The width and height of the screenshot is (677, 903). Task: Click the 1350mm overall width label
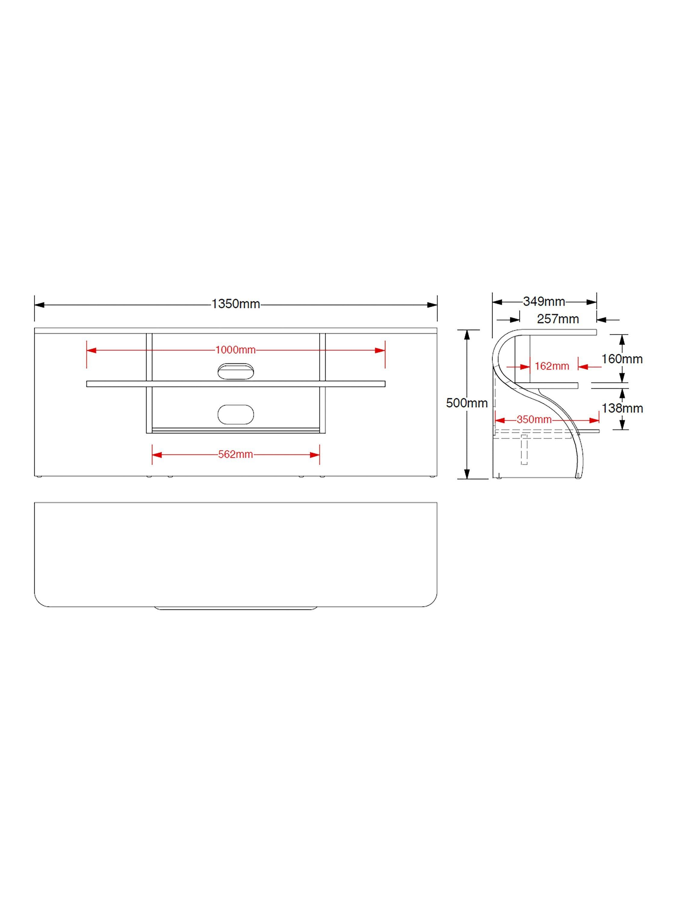click(x=236, y=304)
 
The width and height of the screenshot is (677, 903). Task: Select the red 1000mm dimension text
click(x=236, y=350)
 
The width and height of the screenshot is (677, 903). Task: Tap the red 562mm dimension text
click(x=236, y=454)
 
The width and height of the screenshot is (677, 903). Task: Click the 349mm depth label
click(x=544, y=302)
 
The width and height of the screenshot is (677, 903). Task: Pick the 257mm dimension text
click(x=558, y=319)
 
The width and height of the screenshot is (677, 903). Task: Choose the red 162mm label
click(x=552, y=366)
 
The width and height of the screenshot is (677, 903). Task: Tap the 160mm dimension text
click(x=622, y=359)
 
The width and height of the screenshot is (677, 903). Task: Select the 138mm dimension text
click(x=622, y=408)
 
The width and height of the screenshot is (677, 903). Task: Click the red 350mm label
click(x=534, y=419)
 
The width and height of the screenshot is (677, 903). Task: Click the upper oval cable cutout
click(x=236, y=371)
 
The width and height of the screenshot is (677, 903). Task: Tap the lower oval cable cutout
click(x=236, y=414)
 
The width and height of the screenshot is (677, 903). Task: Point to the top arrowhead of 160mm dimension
click(x=622, y=340)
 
